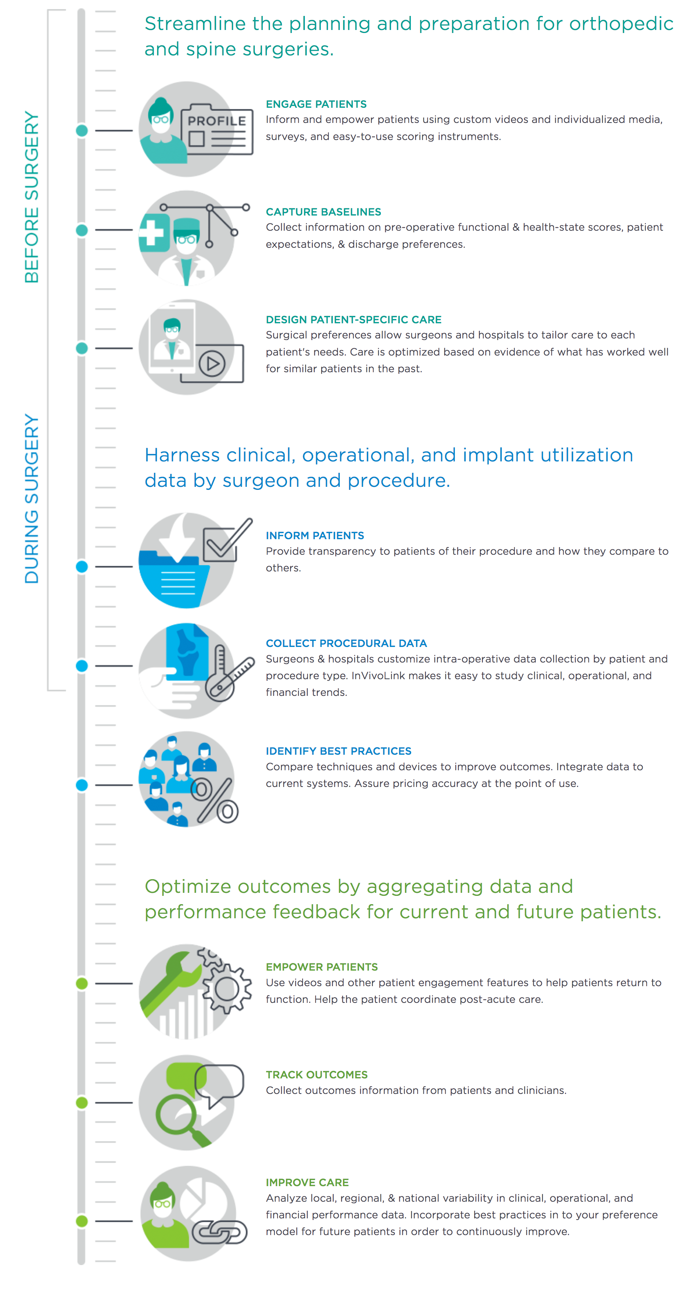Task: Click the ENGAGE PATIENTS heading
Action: coord(316,104)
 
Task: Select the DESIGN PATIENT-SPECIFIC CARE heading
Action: coord(354,320)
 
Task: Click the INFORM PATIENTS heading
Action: coord(315,536)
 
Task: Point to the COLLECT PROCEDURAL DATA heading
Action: coord(346,644)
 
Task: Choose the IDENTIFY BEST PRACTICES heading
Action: coord(339,751)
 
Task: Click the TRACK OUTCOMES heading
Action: coord(317,1075)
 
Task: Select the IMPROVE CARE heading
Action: coord(307,1183)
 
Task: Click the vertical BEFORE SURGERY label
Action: coord(32,197)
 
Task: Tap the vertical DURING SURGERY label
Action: coord(32,499)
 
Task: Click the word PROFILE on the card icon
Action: coord(217,121)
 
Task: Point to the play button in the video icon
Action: coord(212,364)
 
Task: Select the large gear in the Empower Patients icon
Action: coord(227,990)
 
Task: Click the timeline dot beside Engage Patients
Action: coord(82,131)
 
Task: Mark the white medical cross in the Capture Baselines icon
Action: coord(151,233)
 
